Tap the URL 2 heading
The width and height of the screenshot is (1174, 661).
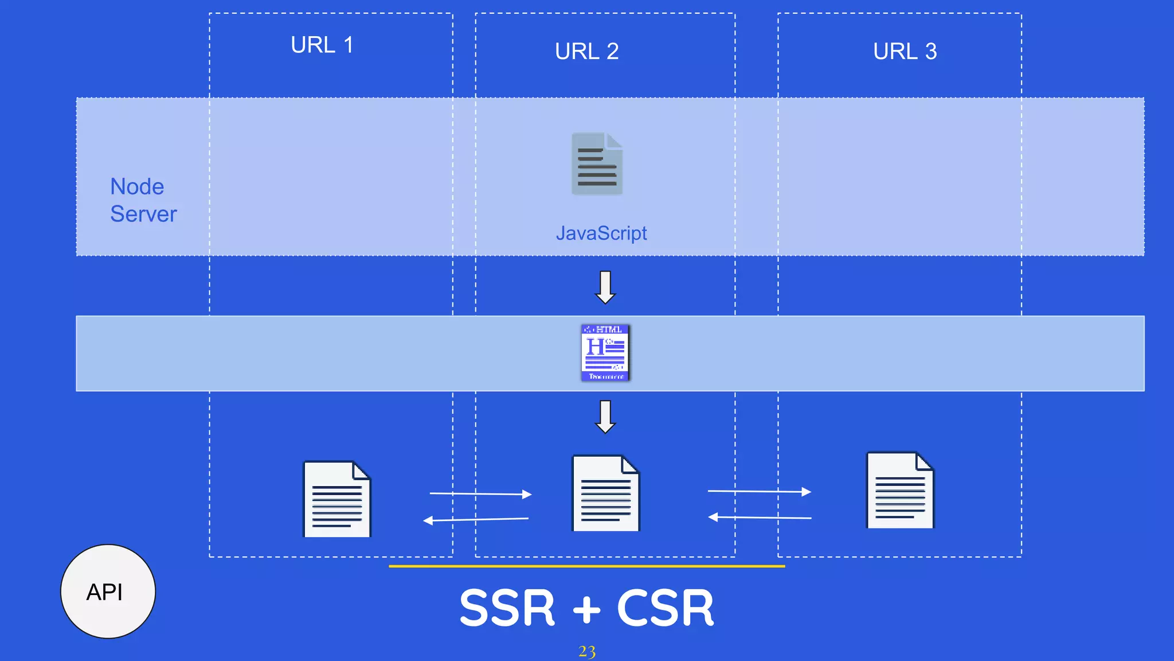(x=586, y=52)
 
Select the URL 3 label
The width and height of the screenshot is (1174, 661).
(x=905, y=52)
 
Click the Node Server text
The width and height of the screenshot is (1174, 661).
(x=143, y=200)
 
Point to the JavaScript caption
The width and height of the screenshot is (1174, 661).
(x=601, y=234)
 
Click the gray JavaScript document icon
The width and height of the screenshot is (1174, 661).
(x=597, y=164)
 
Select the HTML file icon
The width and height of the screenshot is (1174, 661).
(x=605, y=353)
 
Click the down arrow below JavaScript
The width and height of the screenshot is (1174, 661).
(x=605, y=287)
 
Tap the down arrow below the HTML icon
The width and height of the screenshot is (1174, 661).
(x=605, y=417)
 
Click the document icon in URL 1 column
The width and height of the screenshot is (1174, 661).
(x=336, y=499)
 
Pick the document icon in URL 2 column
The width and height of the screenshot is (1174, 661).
(x=606, y=493)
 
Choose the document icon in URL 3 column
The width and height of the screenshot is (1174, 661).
(x=899, y=491)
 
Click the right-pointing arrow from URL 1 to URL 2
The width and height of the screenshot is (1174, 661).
(x=480, y=493)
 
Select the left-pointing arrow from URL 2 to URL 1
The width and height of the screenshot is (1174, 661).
(x=476, y=520)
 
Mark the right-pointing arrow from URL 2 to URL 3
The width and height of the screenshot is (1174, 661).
(x=759, y=491)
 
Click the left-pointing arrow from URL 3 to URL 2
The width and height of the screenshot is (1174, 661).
(x=759, y=518)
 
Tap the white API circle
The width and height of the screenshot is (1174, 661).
(x=108, y=592)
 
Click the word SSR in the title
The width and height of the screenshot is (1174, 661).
(x=507, y=608)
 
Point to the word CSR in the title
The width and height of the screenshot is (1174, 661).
(x=665, y=608)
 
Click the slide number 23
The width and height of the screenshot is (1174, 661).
(x=586, y=652)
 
